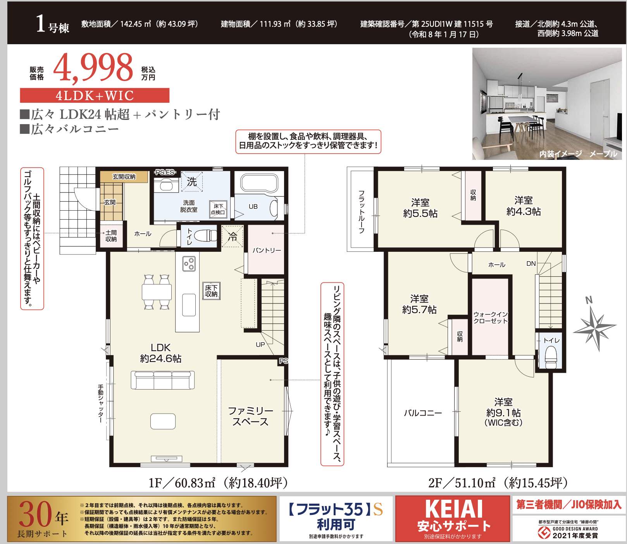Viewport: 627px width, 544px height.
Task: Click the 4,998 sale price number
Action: coord(93,67)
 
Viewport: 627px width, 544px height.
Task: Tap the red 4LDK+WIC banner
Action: coord(95,95)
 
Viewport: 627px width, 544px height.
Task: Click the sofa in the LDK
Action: coord(163,380)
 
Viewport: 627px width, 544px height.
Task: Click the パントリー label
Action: coord(267,250)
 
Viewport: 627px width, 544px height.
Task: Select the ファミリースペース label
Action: coord(250,416)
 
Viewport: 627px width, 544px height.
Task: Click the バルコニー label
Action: coord(423,413)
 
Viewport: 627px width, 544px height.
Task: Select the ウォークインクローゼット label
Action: coord(491,317)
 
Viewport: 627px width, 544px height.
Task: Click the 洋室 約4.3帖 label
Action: coord(524,206)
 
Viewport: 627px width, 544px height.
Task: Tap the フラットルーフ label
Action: coord(361,211)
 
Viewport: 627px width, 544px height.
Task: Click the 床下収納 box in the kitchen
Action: coord(212,291)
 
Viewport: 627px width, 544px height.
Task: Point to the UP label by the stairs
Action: coord(260,345)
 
